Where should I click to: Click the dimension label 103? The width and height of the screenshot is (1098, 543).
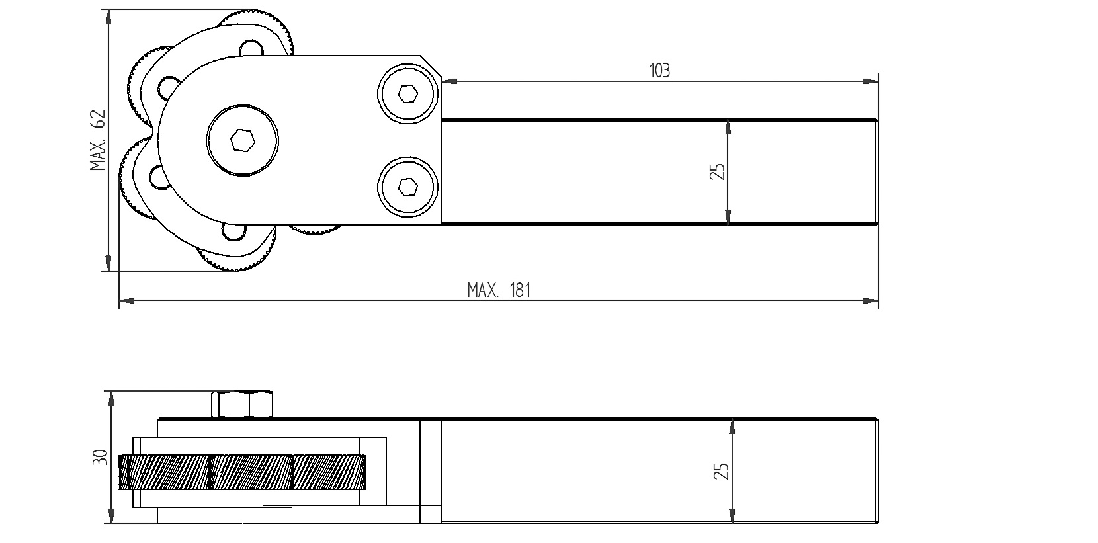(659, 71)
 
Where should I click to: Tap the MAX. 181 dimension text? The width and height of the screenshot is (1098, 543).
(499, 290)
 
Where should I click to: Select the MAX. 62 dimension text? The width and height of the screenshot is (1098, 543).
(98, 140)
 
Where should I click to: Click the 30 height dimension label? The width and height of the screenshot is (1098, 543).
(101, 457)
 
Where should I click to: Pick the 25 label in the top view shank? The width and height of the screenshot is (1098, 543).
(717, 171)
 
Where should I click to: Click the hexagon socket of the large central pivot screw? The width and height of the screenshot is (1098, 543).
(242, 141)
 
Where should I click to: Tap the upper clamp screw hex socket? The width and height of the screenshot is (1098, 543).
(408, 93)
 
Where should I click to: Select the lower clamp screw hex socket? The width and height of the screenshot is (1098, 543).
(408, 187)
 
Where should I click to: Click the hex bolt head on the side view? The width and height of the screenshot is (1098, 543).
(242, 404)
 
